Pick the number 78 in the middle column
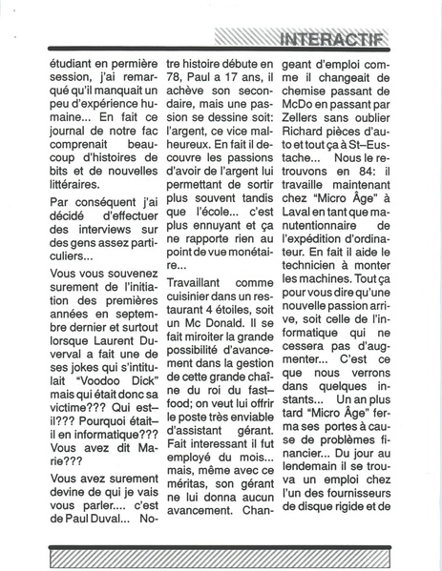tap(176, 83)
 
